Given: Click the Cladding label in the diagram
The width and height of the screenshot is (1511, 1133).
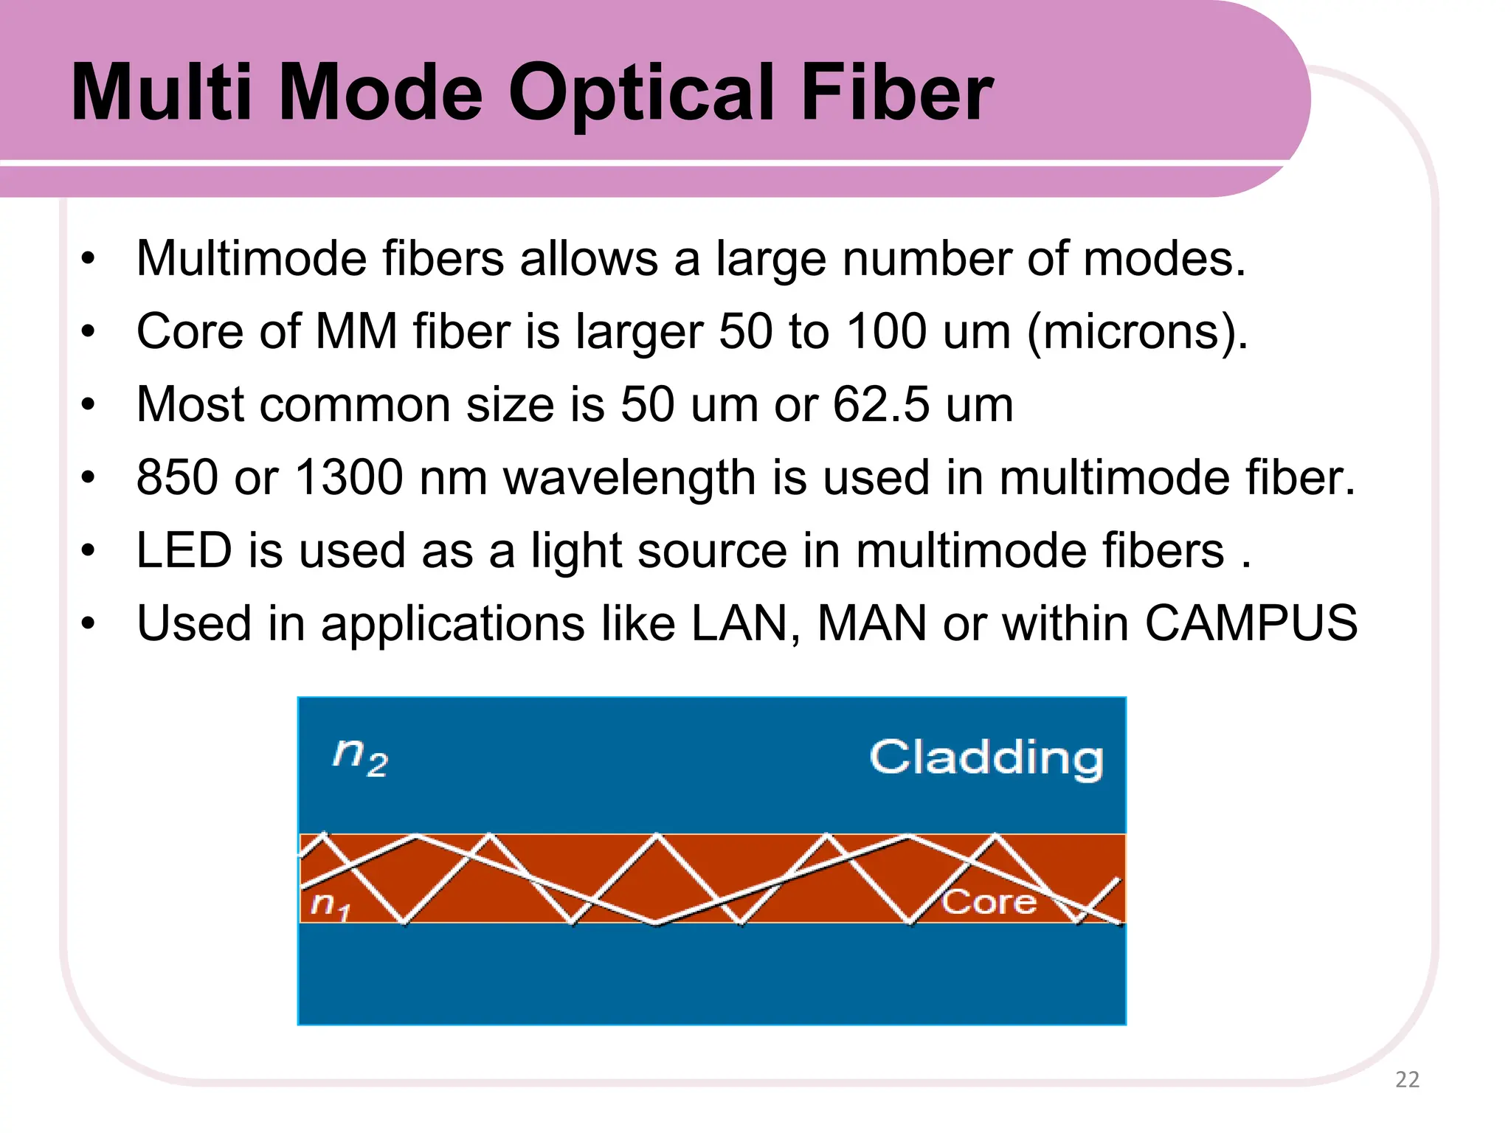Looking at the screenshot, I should (x=986, y=758).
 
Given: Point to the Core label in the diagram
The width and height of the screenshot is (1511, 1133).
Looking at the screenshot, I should (x=989, y=901).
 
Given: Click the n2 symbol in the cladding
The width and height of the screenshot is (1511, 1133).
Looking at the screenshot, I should (x=360, y=757).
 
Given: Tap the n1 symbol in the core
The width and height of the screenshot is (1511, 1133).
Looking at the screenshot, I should (x=329, y=904).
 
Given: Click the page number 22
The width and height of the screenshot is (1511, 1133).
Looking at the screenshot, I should (x=1407, y=1079).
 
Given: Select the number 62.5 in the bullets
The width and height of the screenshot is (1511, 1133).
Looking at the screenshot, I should (x=881, y=404).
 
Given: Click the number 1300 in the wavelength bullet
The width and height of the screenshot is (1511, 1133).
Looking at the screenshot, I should (x=348, y=477).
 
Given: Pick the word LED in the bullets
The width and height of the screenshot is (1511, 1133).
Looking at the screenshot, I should (x=184, y=550).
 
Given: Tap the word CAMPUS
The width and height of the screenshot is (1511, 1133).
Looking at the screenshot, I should (x=1251, y=623).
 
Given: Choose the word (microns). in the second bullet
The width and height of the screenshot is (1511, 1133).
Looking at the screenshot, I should (x=1137, y=333).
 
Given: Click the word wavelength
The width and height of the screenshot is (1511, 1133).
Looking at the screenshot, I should (x=629, y=478).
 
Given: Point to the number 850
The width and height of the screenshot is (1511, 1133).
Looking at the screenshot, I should (x=177, y=477).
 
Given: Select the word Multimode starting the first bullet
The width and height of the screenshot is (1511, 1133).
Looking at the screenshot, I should (x=252, y=259).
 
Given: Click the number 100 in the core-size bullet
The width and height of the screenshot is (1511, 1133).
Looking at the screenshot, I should (x=885, y=331).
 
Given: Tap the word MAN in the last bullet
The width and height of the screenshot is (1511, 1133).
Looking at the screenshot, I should (x=871, y=623).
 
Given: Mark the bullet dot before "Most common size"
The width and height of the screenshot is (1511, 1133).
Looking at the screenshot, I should (x=89, y=405).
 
